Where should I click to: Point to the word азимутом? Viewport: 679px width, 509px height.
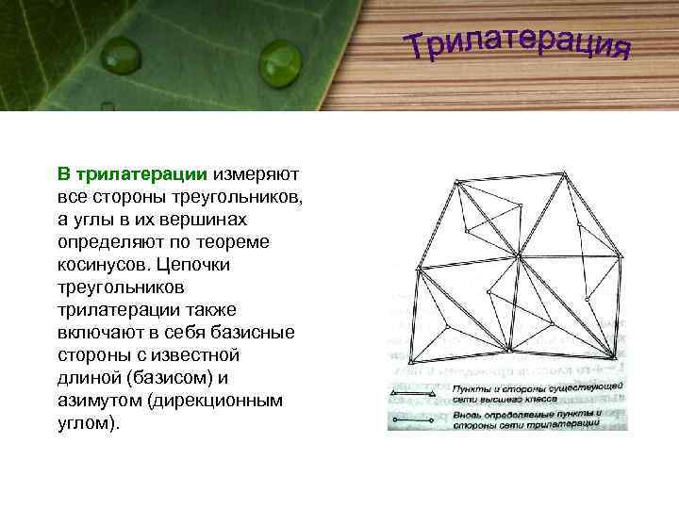(97, 401)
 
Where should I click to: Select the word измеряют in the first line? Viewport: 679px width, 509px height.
(256, 174)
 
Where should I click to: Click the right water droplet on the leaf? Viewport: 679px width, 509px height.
(279, 62)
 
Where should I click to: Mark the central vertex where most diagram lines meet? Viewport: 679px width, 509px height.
(519, 254)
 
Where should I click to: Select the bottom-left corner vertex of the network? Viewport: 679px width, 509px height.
(412, 360)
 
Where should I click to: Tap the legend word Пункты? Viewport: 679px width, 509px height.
(472, 387)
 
